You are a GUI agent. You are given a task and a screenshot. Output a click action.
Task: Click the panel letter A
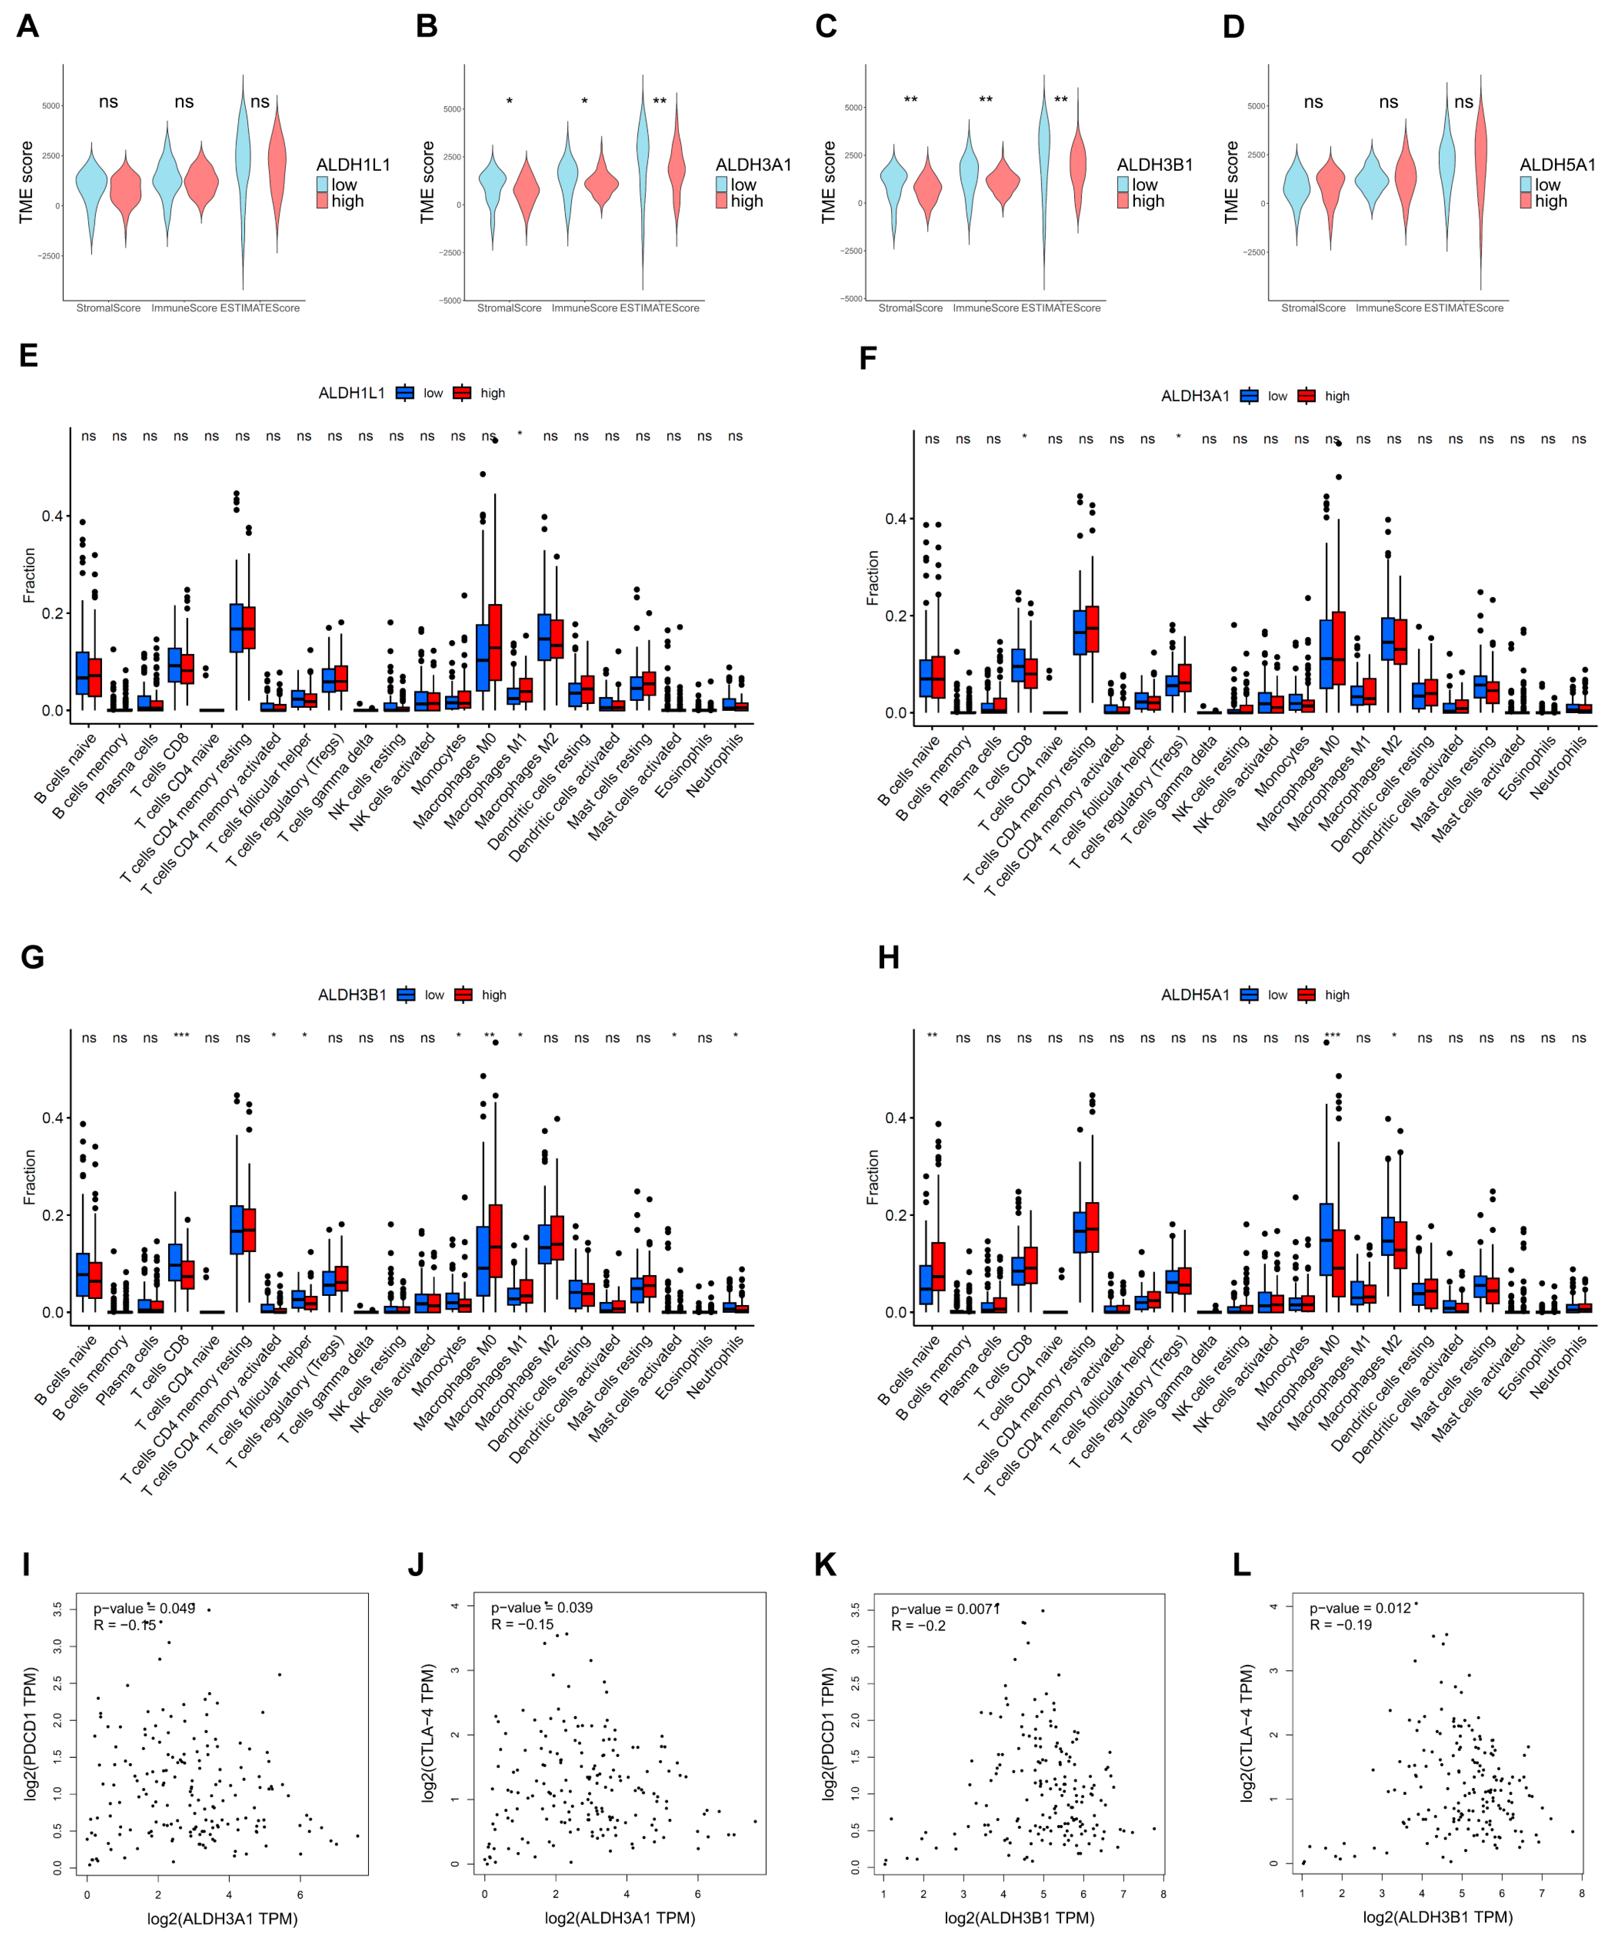28,26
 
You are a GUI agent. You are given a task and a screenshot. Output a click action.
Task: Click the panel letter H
888,957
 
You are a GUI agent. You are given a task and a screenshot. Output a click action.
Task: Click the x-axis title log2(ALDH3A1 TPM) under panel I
222,1918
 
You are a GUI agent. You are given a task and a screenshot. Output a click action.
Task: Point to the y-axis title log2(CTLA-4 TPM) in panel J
427,1733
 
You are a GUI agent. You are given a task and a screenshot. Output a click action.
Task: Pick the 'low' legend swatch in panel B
722,184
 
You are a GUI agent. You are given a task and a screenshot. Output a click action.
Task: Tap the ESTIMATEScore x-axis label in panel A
260,308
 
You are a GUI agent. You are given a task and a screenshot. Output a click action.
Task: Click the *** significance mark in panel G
181,1037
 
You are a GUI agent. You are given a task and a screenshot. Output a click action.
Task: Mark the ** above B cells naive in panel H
932,1037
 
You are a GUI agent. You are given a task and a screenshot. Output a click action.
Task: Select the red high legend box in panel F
1307,396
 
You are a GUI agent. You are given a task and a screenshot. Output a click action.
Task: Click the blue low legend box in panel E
404,393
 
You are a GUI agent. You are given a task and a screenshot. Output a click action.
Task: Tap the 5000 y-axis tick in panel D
1256,106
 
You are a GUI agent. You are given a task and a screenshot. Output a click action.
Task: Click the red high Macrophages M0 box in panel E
495,645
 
